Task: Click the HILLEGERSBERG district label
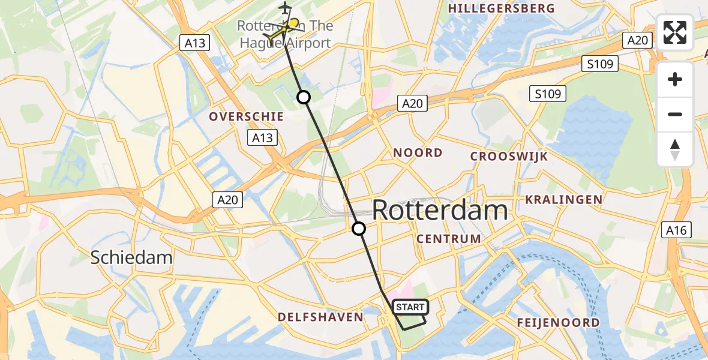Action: (x=502, y=8)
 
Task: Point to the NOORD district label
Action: (x=418, y=153)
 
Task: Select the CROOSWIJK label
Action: (x=509, y=156)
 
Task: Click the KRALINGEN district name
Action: (x=563, y=199)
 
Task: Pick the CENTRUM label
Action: (x=449, y=239)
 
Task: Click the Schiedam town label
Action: (x=131, y=258)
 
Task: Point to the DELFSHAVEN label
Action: (x=320, y=317)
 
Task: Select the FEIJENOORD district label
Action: (x=558, y=323)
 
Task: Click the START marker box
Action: (x=410, y=307)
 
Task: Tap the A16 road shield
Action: (x=678, y=229)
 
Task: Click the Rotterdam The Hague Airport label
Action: (x=284, y=35)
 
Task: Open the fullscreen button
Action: (x=675, y=32)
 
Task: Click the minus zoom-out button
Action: (x=675, y=114)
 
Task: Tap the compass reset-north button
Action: (x=675, y=149)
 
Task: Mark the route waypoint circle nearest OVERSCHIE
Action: (x=304, y=97)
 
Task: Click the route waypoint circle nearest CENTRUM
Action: (x=359, y=229)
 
